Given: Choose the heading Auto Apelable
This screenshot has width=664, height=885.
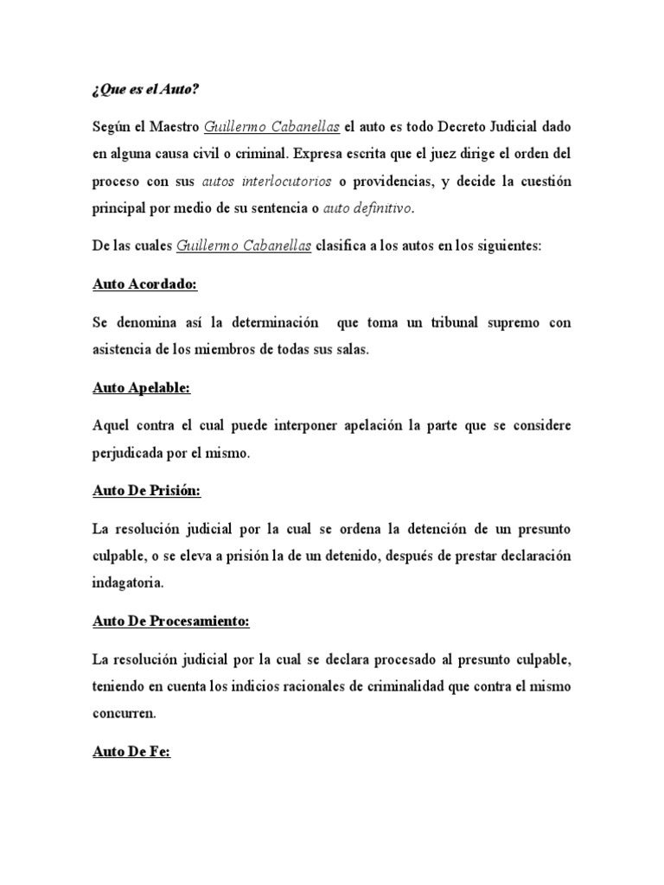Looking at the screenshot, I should [141, 388].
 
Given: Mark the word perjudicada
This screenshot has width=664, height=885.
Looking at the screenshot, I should [131, 453].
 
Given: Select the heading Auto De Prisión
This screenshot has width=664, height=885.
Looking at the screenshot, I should [146, 490].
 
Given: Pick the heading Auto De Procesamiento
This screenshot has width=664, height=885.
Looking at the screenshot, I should [170, 621].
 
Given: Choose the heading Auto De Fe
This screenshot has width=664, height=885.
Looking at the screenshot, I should [131, 752].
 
